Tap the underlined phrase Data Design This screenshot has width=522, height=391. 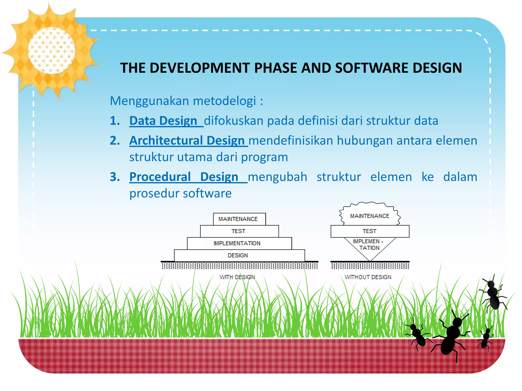163,121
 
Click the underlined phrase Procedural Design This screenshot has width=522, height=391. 184,177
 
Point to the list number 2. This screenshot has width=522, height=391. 115,141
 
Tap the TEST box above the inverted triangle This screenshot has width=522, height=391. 370,231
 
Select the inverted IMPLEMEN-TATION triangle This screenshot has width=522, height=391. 370,246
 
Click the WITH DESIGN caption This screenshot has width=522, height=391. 237,277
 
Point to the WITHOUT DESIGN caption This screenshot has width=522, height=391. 368,277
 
